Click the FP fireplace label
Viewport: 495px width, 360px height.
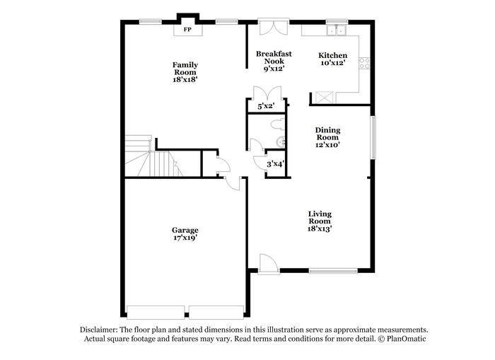187,30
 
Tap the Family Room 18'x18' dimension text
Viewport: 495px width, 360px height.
185,80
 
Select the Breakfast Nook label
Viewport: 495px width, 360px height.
274,57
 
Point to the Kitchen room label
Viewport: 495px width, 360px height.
333,56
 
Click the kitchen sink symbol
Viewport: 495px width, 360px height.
337,30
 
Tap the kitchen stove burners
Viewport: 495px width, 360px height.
364,63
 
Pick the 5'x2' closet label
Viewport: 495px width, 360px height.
266,106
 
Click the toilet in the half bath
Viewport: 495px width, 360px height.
278,124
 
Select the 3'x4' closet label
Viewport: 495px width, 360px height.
275,164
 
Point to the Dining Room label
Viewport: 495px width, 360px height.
327,134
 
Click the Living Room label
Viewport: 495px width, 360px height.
320,218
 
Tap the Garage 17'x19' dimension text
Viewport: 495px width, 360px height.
185,238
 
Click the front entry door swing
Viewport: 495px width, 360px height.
268,263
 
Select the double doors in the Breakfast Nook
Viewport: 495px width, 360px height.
274,27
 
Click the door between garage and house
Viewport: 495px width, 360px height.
233,183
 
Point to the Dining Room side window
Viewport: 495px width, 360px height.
373,137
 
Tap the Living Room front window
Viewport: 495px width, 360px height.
333,271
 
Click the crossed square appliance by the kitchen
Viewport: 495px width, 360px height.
325,98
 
